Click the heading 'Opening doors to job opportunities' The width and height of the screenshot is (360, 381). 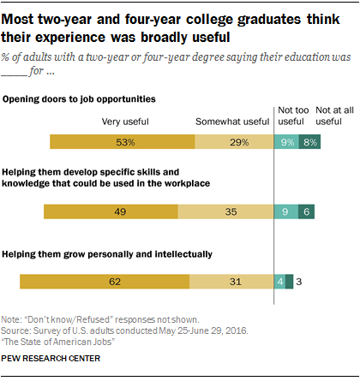85,98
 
